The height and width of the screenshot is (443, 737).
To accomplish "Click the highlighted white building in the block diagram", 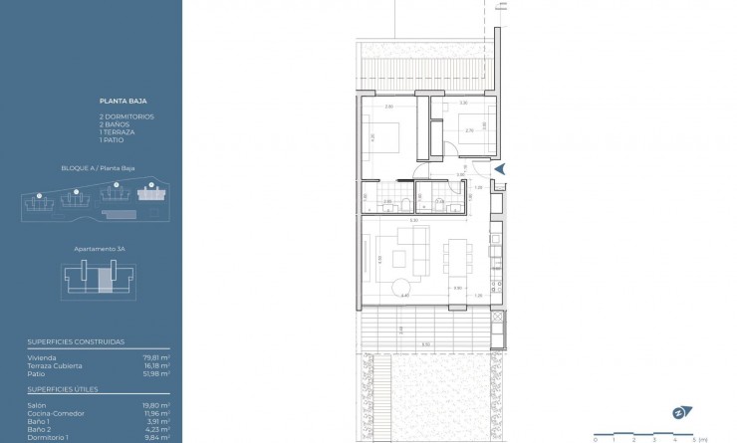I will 152,196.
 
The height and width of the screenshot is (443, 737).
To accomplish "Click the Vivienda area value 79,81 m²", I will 156,355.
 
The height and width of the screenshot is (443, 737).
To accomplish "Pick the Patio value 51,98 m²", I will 156,372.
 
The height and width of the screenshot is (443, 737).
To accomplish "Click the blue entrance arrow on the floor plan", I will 501,170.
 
